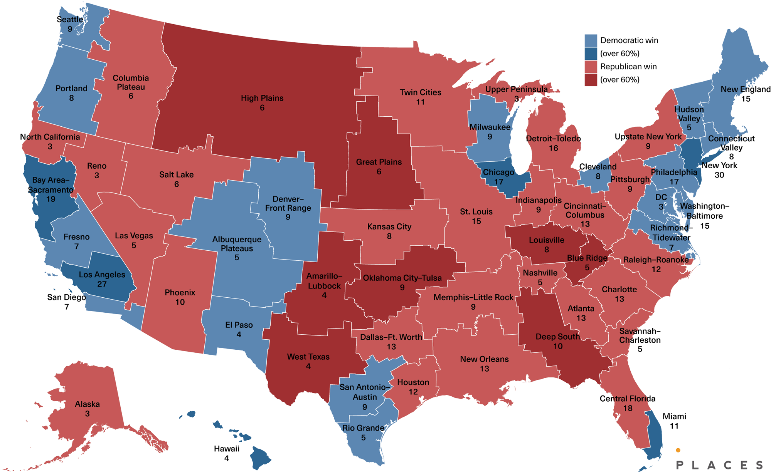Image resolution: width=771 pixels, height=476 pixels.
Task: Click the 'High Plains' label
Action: point(262,98)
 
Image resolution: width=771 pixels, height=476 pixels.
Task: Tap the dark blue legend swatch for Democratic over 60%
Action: point(591,54)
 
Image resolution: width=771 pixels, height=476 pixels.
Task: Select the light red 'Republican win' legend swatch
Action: point(591,67)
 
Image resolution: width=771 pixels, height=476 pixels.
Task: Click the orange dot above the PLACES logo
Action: point(678,450)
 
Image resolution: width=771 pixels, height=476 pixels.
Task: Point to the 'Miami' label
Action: point(674,416)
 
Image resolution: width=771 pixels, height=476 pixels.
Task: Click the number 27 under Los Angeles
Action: point(102,284)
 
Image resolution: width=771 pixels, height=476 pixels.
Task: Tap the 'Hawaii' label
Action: point(227,449)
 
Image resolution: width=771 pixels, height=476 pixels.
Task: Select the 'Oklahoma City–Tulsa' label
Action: point(402,278)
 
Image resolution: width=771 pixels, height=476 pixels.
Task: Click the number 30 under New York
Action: point(719,175)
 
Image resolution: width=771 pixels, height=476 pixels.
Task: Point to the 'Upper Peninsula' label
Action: point(516,89)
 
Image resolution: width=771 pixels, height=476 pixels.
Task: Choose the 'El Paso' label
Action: point(239,325)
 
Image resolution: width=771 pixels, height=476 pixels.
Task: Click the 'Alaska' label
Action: point(87,404)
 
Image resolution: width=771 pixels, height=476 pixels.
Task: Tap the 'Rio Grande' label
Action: point(363,428)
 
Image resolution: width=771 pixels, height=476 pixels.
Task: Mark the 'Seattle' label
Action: point(70,19)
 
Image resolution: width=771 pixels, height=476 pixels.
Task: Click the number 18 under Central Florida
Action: point(628,408)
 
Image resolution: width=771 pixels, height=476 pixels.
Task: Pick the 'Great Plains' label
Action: point(379,162)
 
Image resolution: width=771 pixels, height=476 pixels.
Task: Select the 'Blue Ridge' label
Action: point(587,258)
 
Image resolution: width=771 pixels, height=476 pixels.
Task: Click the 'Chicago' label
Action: point(498,172)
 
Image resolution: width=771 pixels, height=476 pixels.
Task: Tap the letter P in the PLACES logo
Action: point(680,465)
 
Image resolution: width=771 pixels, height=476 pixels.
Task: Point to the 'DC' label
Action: point(661,197)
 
